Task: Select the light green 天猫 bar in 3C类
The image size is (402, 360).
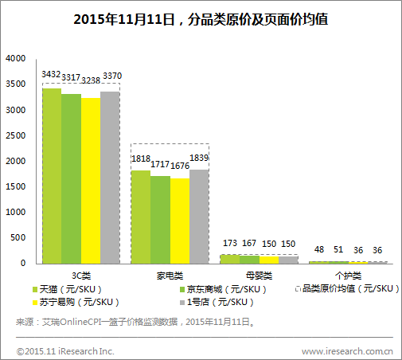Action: tap(51, 175)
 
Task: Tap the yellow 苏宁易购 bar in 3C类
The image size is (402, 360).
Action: tap(91, 180)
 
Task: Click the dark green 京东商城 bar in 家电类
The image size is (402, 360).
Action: tap(160, 219)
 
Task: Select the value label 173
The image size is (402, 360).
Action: tap(230, 242)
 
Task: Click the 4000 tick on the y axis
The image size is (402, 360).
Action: tap(15, 59)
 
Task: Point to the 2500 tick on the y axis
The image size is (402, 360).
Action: tap(15, 135)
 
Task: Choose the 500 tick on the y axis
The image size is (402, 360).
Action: tap(18, 237)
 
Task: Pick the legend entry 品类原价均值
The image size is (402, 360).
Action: tap(346, 288)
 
